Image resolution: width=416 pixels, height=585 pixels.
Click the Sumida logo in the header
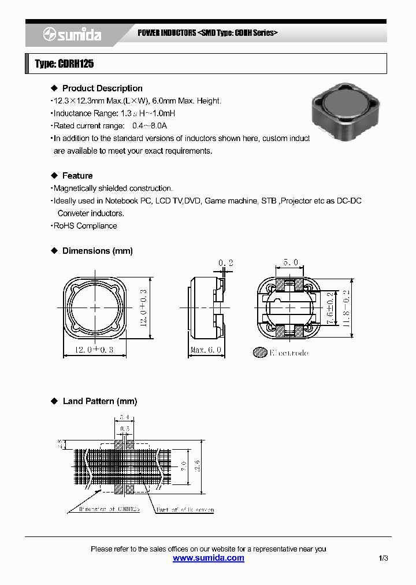click(x=72, y=35)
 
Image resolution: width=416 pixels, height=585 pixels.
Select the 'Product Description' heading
click(x=102, y=88)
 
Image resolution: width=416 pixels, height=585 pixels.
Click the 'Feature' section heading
click(x=77, y=176)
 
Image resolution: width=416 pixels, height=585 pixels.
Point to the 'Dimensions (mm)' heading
click(x=97, y=251)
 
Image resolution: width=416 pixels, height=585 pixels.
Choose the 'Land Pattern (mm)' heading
click(x=99, y=401)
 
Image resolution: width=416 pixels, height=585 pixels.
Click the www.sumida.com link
click(x=209, y=558)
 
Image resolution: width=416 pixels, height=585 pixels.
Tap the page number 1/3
click(x=384, y=558)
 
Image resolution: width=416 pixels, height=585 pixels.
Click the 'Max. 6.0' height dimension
click(x=206, y=350)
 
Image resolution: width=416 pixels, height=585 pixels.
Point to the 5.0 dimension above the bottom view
click(x=291, y=262)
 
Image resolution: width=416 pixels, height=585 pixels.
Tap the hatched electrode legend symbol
click(x=260, y=352)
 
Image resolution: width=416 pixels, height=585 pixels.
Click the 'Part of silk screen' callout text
click(x=184, y=510)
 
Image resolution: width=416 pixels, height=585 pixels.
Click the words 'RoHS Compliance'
click(x=85, y=226)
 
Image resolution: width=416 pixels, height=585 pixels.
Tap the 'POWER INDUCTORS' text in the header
click(x=166, y=33)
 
